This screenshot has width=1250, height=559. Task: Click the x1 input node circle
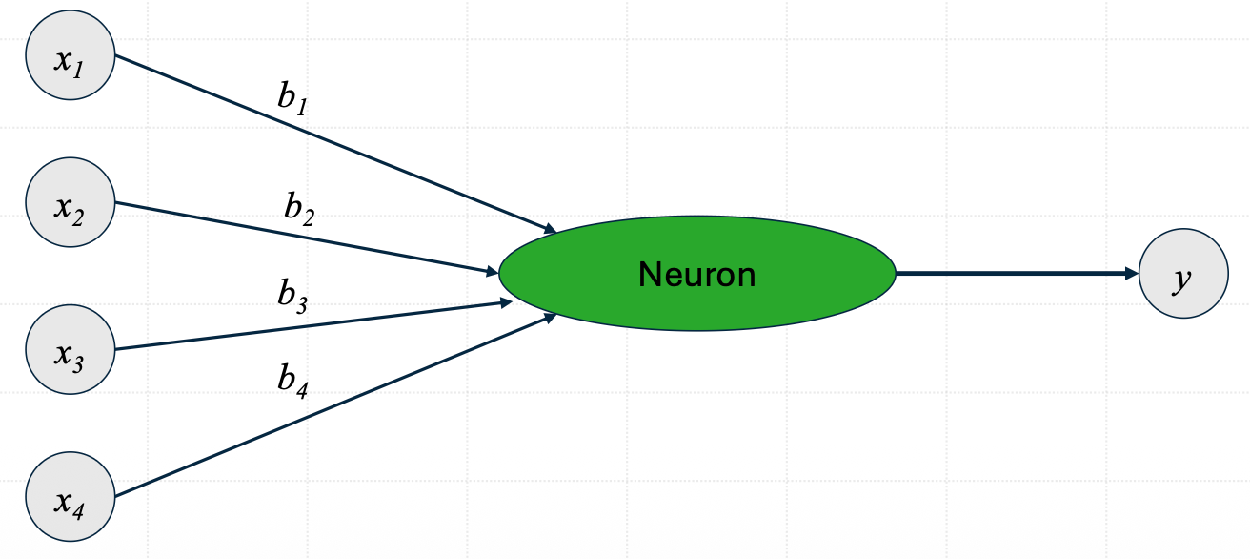tap(71, 55)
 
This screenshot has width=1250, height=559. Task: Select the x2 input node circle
tap(71, 202)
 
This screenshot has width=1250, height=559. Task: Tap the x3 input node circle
tap(71, 349)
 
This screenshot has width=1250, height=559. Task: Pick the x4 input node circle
tap(71, 496)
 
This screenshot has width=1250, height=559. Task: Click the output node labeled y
tap(1183, 274)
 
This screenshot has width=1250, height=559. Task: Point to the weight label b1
tap(293, 98)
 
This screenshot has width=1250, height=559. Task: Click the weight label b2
tap(300, 209)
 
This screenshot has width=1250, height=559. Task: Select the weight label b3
tap(293, 297)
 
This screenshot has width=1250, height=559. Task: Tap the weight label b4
tap(293, 382)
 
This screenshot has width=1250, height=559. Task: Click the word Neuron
tap(697, 275)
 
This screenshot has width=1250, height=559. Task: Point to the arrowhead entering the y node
tap(1132, 274)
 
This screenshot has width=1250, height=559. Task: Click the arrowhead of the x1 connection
tap(551, 228)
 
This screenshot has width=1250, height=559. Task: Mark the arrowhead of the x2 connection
tap(493, 272)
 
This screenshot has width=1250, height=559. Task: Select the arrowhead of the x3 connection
tap(506, 303)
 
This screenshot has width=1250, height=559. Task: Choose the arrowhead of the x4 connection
tap(551, 318)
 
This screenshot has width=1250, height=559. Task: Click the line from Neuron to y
tap(1017, 274)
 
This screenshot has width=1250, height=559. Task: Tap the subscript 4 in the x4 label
tap(78, 511)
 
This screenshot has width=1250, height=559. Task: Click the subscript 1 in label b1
tap(302, 107)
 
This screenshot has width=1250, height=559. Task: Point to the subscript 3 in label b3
tap(302, 305)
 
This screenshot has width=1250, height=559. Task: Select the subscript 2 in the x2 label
tap(78, 217)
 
